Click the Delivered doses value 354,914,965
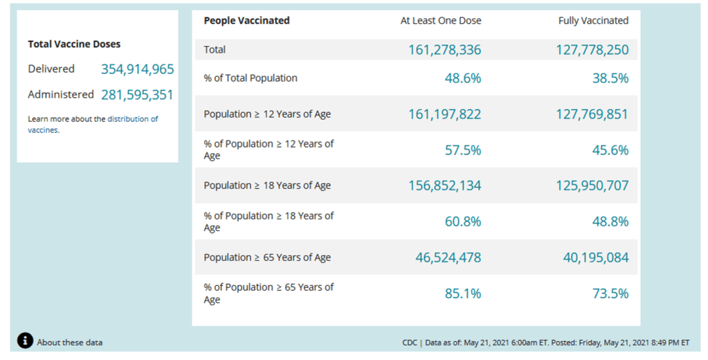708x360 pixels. [x=137, y=69]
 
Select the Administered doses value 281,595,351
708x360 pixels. [x=137, y=95]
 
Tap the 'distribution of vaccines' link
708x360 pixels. [x=132, y=119]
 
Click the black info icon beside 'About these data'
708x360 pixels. [x=25, y=341]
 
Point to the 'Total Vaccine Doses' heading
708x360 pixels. [x=74, y=44]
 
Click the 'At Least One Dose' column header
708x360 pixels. [x=441, y=21]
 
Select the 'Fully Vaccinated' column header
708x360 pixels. [x=593, y=21]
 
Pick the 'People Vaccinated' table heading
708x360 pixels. [x=246, y=21]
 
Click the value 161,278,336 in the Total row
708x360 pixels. [x=444, y=50]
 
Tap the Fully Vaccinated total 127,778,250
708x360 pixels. [x=592, y=50]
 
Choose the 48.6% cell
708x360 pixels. [x=462, y=78]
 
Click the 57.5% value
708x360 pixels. [x=462, y=150]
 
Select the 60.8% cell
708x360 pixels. [x=462, y=222]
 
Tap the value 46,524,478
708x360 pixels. [x=448, y=258]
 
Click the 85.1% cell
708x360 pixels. [x=462, y=294]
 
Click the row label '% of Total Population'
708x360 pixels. [x=251, y=78]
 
